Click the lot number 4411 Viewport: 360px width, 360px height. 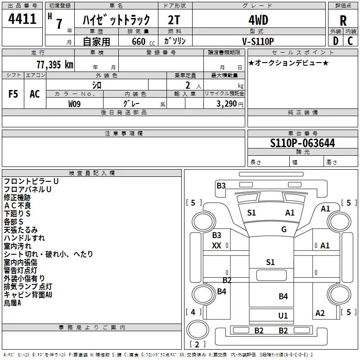22,19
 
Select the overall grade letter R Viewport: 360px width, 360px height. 343,21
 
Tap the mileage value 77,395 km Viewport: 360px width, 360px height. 54,65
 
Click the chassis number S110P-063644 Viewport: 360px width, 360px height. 302,143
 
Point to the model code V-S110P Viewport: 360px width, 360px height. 258,41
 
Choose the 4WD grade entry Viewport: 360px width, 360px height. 258,20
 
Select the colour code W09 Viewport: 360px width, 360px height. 74,104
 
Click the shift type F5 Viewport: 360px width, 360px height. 13,94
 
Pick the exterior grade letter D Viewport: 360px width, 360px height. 335,41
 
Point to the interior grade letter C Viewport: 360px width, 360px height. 350,41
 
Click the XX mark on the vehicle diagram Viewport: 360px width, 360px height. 216,246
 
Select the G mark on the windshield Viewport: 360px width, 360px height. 284,229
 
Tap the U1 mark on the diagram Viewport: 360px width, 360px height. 283,316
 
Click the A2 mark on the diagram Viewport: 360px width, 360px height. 320,313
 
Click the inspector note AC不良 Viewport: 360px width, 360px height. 18,206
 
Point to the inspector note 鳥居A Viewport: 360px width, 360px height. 13,303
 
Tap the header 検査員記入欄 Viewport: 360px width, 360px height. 92,173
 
